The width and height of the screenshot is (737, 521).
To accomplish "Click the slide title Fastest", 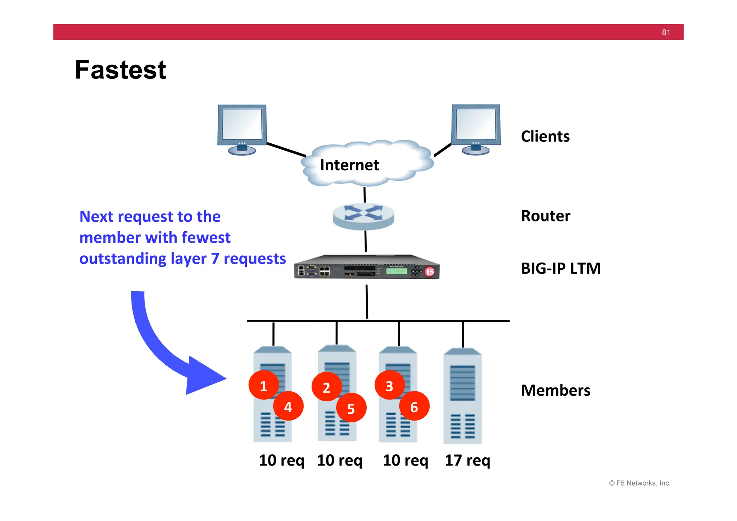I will pos(120,70).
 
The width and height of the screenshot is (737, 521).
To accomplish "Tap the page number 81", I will pos(666,32).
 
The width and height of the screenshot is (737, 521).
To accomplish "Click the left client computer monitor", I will pos(242,125).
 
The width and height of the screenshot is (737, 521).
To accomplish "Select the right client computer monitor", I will pos(476,125).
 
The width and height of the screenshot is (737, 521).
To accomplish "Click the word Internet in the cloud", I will pos(349,165).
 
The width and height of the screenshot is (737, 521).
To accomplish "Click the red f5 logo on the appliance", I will pos(430,271).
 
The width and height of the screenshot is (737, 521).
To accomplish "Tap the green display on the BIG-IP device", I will pos(396,271).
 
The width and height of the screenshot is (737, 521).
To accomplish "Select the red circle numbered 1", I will pos(263,386).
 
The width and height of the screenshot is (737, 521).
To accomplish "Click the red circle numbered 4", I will pos(288,407).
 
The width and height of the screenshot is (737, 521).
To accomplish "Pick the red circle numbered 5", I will pos(351,408).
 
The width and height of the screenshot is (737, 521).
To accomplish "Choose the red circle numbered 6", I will pos(414,407).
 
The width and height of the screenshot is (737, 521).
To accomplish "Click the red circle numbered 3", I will pos(389,386).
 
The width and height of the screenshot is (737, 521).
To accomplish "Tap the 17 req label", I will pos(467,460).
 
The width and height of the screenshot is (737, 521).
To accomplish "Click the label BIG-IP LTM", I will pos(561,269).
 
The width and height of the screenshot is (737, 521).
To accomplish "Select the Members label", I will pos(555,390).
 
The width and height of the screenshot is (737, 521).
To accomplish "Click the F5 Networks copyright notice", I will pos(639,483).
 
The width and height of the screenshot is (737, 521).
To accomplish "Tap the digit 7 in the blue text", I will pos(215,259).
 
